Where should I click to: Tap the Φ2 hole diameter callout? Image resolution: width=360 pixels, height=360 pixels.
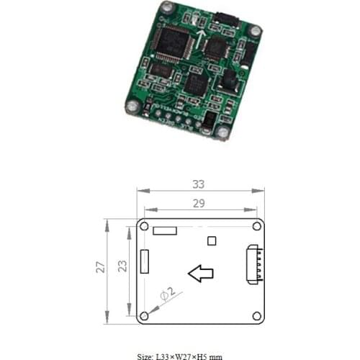coord(166,294)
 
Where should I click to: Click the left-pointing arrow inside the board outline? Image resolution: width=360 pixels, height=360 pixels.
coord(201,273)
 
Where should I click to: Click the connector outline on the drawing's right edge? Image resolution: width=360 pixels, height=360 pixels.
coord(254,265)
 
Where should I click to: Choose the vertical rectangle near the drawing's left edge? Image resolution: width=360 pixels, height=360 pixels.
coord(145,261)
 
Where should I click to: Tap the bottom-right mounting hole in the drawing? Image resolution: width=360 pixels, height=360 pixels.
coord(256,315)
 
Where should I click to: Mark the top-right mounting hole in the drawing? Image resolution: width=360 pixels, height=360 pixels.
coord(256,226)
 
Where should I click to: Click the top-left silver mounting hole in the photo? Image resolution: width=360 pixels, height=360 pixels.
coord(167,8)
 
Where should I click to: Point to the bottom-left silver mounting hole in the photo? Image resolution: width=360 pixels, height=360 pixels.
coord(132,107)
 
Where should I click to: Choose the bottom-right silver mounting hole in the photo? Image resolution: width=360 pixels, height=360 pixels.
coord(224,132)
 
